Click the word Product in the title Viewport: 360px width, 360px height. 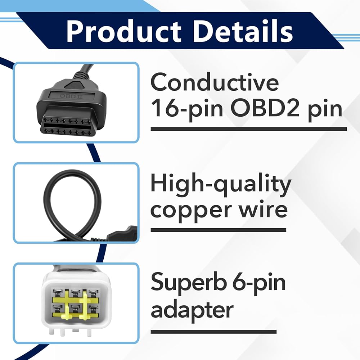coord(124,31)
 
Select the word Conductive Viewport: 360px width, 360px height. coord(215,82)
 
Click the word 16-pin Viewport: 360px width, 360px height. coord(186,109)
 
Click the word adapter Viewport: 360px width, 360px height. coord(192,310)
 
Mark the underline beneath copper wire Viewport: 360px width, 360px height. coord(219,230)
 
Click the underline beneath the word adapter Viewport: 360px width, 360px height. coord(213,332)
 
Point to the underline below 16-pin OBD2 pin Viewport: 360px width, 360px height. coord(249,129)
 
